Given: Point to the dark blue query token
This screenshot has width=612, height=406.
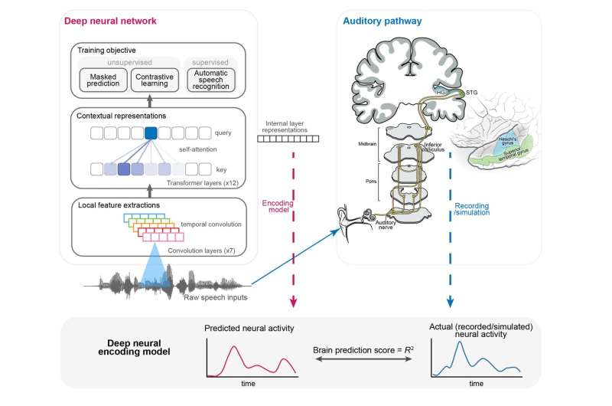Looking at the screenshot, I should tap(151, 133).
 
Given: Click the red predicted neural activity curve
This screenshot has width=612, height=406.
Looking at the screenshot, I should tap(237, 354).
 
